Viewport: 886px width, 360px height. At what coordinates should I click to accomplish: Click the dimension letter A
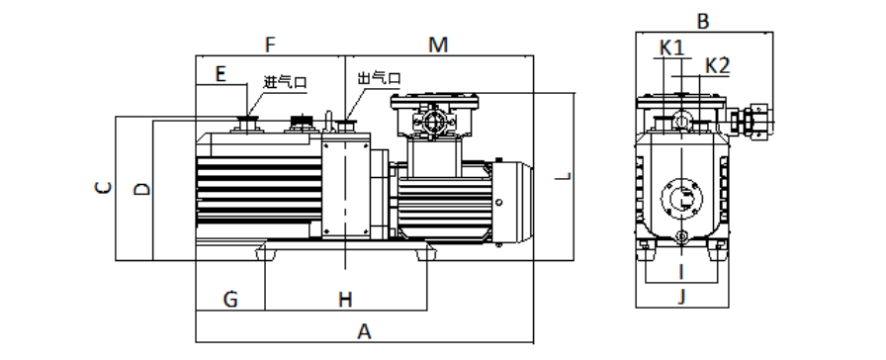(365, 331)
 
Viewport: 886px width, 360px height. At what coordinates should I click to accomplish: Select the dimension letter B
(703, 22)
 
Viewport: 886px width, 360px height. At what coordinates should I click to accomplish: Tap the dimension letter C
(103, 188)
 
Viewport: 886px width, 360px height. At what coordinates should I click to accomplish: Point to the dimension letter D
(142, 189)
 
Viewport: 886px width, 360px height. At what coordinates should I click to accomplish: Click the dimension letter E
(221, 73)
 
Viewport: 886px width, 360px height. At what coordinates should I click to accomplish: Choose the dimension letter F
(270, 45)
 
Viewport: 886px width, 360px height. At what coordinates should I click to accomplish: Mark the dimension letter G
(230, 299)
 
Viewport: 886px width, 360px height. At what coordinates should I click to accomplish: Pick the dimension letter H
(345, 300)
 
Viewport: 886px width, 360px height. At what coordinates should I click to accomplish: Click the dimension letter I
(681, 272)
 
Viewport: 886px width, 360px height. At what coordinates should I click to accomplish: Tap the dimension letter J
(681, 296)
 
